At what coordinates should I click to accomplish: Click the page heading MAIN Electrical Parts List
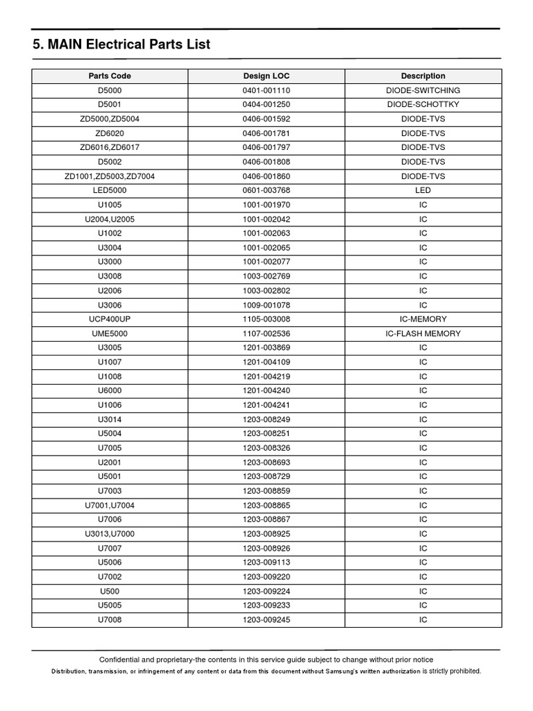(x=121, y=44)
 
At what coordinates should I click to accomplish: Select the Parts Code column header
(x=110, y=76)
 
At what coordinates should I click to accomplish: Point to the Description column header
(x=423, y=76)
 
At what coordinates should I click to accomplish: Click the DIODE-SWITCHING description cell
(x=423, y=90)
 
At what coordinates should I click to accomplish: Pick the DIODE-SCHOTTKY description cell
(x=423, y=104)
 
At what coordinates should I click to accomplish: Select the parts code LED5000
(x=110, y=190)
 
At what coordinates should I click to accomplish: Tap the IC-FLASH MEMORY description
(x=423, y=333)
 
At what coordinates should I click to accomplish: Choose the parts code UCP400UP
(x=110, y=319)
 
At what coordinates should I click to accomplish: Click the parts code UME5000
(x=110, y=333)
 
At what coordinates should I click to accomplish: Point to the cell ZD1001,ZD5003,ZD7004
(x=110, y=176)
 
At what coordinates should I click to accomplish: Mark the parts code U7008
(x=110, y=619)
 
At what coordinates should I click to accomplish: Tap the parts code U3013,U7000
(x=110, y=534)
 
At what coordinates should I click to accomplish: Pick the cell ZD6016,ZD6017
(x=110, y=147)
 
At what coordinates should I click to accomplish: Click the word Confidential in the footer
(x=122, y=660)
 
